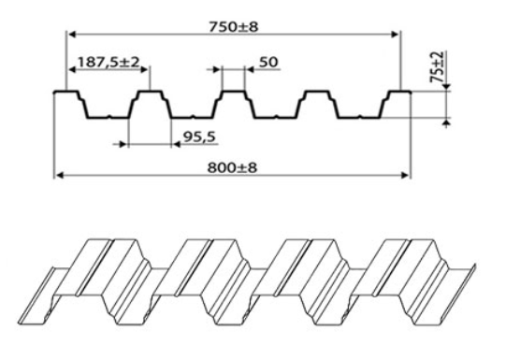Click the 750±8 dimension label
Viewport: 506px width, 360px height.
tap(234, 27)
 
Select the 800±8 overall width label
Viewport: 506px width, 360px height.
tap(232, 167)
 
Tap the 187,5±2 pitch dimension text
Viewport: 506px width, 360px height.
tap(108, 62)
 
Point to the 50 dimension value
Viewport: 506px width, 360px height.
tap(268, 62)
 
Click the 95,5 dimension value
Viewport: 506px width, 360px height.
tap(199, 137)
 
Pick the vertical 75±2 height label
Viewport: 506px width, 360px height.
tap(438, 66)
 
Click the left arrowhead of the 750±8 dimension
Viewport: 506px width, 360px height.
tap(73, 35)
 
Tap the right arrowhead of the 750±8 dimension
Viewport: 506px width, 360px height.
tap(395, 35)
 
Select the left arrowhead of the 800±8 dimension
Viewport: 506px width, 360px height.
tap(60, 175)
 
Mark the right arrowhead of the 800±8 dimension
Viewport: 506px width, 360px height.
tap(405, 175)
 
